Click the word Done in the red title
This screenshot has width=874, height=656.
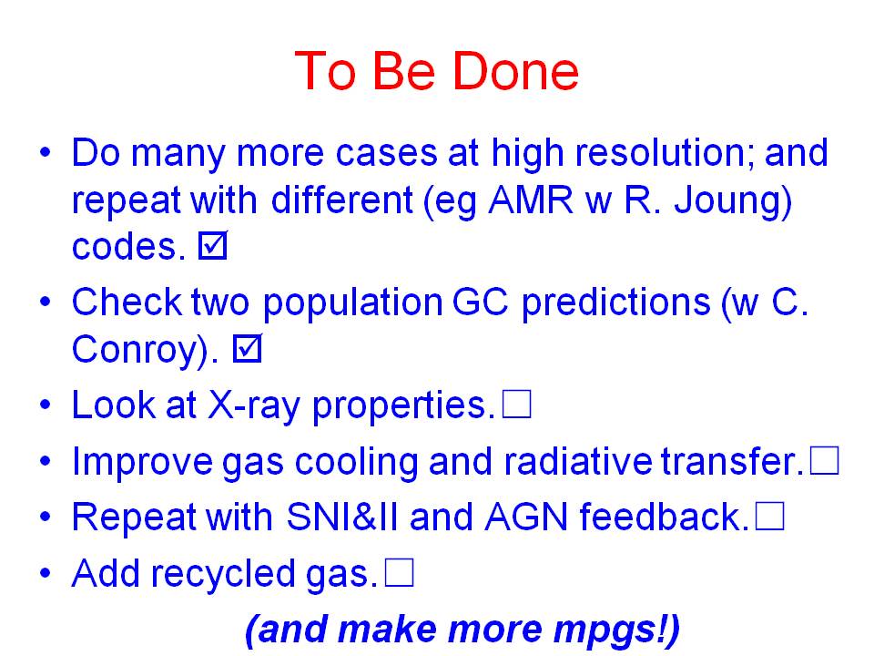point(515,71)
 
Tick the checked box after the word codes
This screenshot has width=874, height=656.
point(213,245)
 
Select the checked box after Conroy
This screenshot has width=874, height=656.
point(247,349)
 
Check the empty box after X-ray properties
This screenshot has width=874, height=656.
point(517,404)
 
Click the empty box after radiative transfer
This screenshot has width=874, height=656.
point(825,461)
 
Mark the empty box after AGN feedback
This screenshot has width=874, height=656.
point(770,517)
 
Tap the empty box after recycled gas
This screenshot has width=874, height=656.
point(399,573)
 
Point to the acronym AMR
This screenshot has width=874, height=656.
point(530,200)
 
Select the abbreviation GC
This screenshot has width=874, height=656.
point(481,302)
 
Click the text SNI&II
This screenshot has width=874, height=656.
point(342,517)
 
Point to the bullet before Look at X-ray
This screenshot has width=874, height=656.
point(46,405)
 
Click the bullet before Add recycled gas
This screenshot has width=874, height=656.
point(46,573)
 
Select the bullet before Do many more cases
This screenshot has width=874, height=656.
point(46,152)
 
